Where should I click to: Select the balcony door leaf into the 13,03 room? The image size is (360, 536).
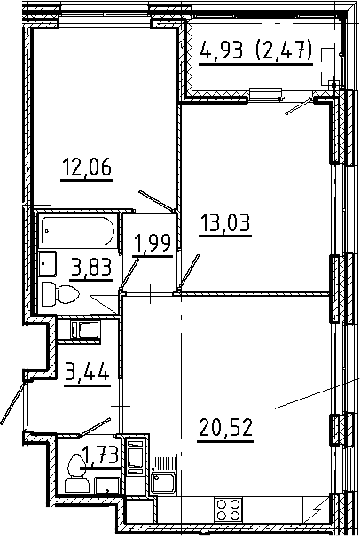point(300,107)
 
